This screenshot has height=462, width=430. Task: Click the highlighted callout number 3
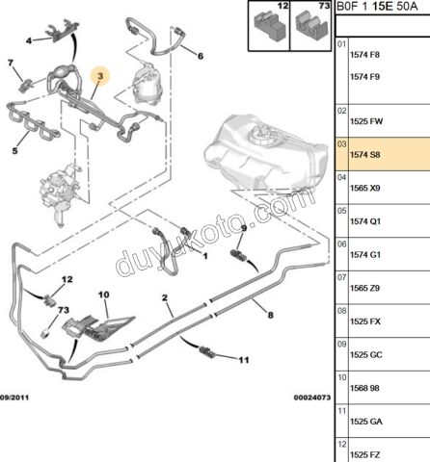[99, 73]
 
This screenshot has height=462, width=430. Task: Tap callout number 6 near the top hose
[201, 56]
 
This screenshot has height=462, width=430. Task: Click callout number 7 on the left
[13, 64]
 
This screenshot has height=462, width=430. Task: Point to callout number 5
[15, 149]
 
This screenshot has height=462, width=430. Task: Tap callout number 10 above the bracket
[103, 294]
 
